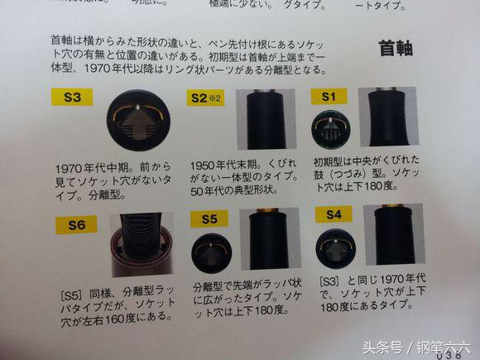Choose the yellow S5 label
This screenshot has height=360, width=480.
[209, 219]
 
